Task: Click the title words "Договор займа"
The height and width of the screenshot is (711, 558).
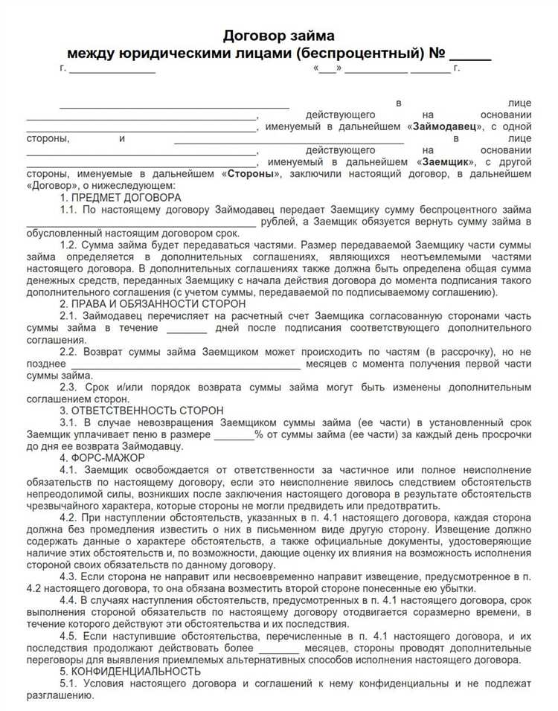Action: (x=279, y=36)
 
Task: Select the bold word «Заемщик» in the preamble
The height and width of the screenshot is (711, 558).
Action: (x=447, y=161)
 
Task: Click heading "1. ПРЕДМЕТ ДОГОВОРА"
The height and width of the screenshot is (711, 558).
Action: (x=121, y=197)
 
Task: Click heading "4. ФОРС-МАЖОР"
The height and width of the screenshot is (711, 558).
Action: (x=102, y=457)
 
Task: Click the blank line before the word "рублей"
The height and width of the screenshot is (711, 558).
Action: (x=141, y=222)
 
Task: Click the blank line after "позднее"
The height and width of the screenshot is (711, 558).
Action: (x=186, y=364)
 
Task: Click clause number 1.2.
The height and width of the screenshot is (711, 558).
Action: (x=68, y=245)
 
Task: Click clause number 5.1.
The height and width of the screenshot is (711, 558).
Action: (x=68, y=683)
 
